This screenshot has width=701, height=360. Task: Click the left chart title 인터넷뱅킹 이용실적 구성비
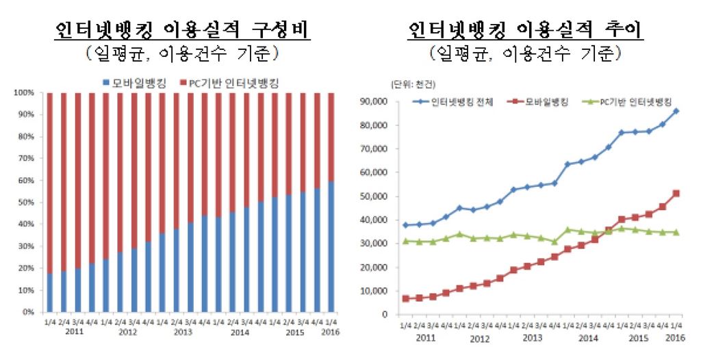(x=183, y=31)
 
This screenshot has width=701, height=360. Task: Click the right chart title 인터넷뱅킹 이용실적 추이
(x=527, y=31)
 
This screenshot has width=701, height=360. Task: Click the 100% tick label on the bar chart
(x=22, y=93)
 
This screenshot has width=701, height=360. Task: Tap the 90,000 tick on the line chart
(x=373, y=102)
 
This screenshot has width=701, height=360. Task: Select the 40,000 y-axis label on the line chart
(x=373, y=220)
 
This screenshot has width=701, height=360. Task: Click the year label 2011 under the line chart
(x=425, y=338)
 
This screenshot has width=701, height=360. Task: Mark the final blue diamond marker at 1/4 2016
(x=676, y=111)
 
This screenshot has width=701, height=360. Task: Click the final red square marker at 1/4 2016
(x=676, y=194)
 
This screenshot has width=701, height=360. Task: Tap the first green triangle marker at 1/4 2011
(x=406, y=241)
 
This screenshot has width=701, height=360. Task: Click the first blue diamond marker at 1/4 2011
(x=406, y=225)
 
